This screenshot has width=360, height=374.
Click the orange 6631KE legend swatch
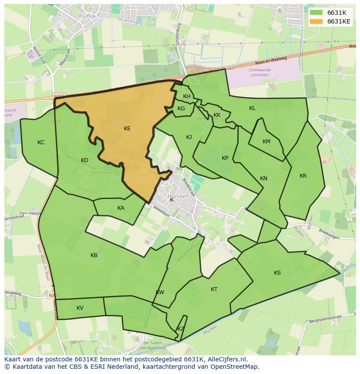coord(316,21)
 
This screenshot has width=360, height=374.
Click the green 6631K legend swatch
coord(316,13)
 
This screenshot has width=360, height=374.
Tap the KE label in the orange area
coord(127,129)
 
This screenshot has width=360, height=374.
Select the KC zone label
coord(41,142)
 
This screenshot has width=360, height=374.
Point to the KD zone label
coord(84,160)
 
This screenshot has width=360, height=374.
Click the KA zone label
coord(121,208)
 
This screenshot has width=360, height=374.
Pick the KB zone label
coord(94,255)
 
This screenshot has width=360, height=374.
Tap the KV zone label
coord(80,308)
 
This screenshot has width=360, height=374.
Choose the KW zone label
coord(160,292)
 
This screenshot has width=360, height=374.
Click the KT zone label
coord(214,289)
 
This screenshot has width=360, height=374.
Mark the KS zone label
coord(277,273)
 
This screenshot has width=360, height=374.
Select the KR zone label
coord(303,176)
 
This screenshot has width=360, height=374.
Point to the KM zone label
coord(267,142)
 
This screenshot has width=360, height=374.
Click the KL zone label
coord(252,108)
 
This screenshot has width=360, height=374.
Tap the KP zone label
coord(225,158)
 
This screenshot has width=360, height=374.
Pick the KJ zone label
coord(189,137)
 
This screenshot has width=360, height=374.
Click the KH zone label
coord(187,96)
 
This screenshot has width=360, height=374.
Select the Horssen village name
coord(178,196)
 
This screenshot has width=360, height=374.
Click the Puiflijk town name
coord(87,16)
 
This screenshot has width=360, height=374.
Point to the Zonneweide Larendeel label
coord(260,72)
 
